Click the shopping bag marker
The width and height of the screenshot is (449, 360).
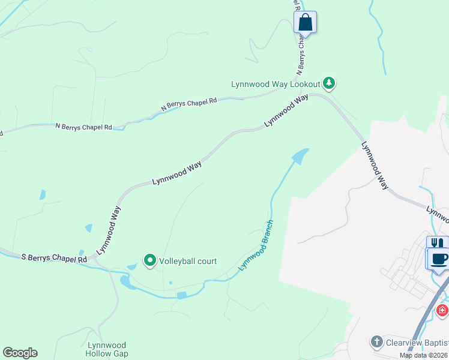pos(305,23)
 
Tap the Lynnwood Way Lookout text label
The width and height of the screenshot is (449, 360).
pos(276,84)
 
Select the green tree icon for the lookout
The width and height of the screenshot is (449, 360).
pos(328,83)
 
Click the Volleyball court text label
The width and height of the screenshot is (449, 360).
pos(187,261)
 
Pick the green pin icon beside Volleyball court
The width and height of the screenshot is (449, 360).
pos(149,260)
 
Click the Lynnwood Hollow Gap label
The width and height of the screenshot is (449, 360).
pos(107,349)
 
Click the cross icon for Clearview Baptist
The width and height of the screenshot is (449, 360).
pos(376,341)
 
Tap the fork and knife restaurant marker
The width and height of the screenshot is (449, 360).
pos(436,243)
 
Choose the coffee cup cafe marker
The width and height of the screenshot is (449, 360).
pos(439,259)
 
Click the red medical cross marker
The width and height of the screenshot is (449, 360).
pos(442,310)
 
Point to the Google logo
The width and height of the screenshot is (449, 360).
pos(20,353)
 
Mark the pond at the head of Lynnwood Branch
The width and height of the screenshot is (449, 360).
pos(300,155)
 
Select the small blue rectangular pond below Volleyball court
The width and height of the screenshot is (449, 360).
pos(181,295)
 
